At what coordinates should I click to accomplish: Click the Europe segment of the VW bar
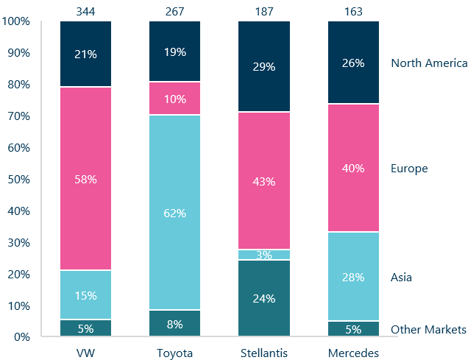[85, 179]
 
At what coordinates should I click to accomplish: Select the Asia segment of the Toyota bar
[174, 213]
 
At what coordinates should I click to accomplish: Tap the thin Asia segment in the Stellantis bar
[263, 255]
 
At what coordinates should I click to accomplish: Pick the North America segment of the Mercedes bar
[352, 63]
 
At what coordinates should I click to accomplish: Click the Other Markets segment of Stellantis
[263, 298]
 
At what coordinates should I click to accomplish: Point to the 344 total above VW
[85, 10]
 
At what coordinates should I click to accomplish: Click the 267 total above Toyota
[174, 10]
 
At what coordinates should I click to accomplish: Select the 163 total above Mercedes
[352, 10]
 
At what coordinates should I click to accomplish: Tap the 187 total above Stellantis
[263, 10]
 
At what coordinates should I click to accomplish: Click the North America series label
[429, 63]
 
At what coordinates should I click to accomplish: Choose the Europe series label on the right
[409, 169]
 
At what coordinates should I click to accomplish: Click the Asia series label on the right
[402, 278]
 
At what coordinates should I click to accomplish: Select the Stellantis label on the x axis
[263, 353]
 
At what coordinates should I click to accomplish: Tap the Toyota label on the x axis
[174, 353]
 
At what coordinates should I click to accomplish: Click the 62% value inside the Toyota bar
[174, 213]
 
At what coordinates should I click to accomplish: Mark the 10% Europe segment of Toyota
[174, 98]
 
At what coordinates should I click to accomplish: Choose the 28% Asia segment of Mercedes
[352, 276]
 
